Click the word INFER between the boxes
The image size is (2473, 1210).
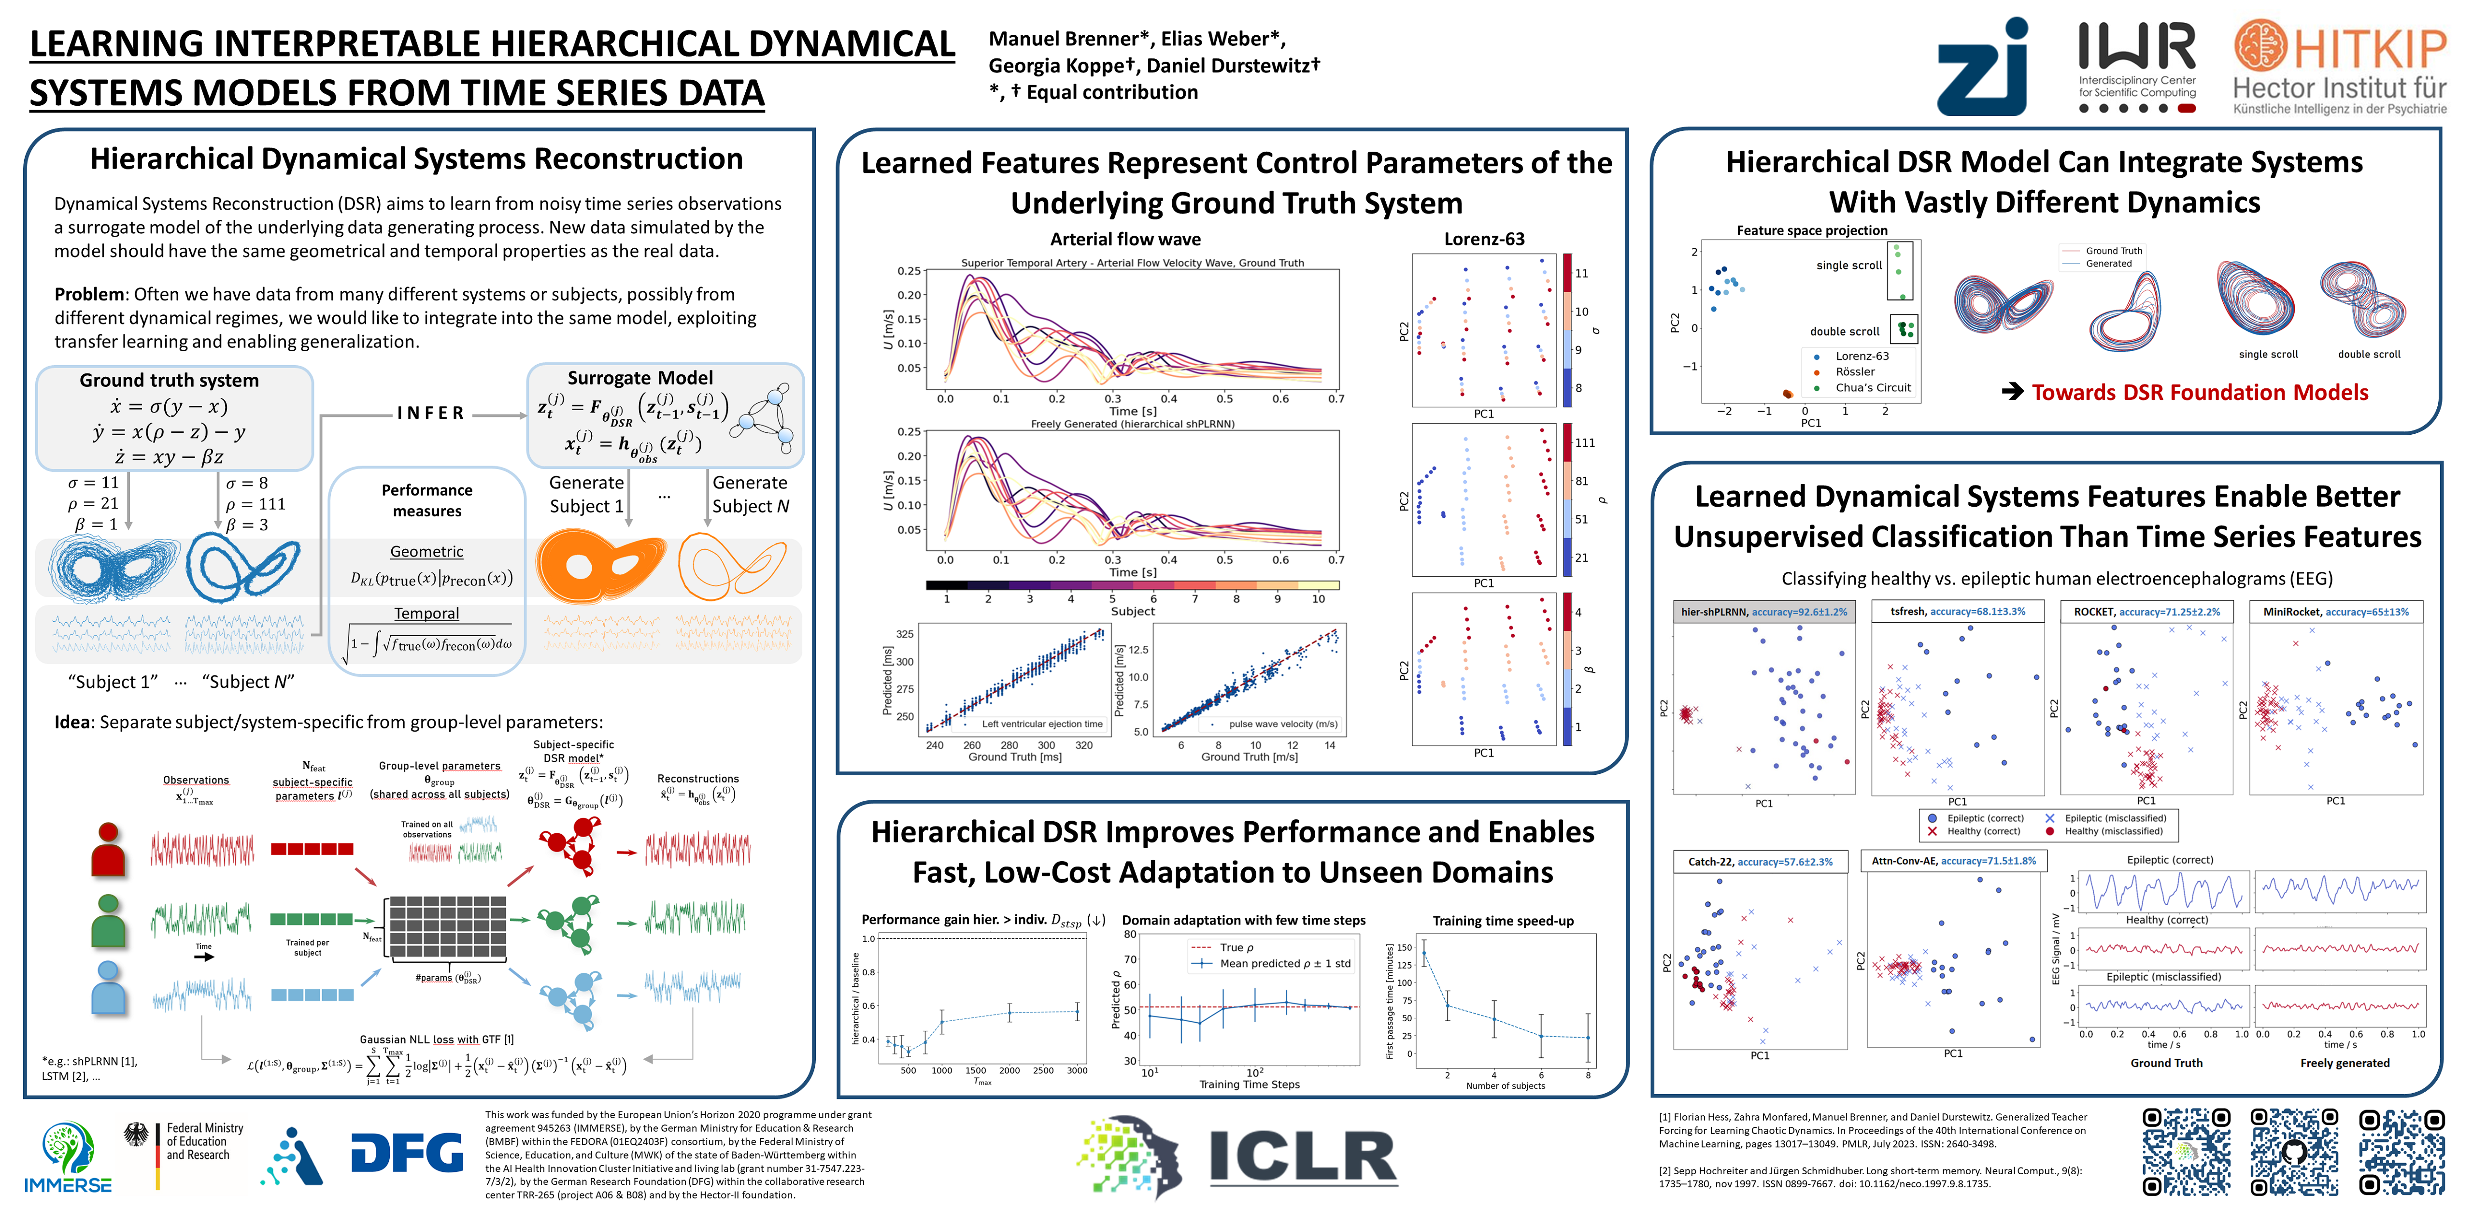pos(431,413)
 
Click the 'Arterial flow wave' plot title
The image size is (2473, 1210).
pos(1125,239)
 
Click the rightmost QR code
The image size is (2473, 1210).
pos(2402,1153)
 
